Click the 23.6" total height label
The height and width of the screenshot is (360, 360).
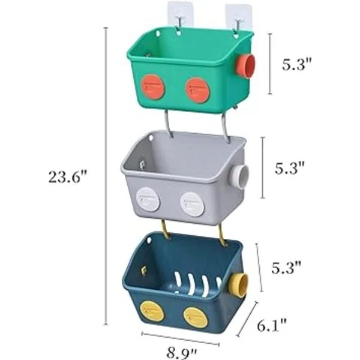tap(68, 177)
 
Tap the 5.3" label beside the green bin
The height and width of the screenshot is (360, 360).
tap(297, 64)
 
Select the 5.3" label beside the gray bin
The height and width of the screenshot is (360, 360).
tap(290, 168)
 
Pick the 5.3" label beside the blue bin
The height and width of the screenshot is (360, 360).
tap(286, 268)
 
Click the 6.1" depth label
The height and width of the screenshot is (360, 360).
tap(272, 326)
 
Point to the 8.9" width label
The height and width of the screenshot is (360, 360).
tap(182, 353)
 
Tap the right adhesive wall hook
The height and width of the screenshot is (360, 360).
tap(238, 19)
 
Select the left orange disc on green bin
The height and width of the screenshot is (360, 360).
tap(152, 87)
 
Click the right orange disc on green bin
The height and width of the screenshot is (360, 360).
tap(197, 90)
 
